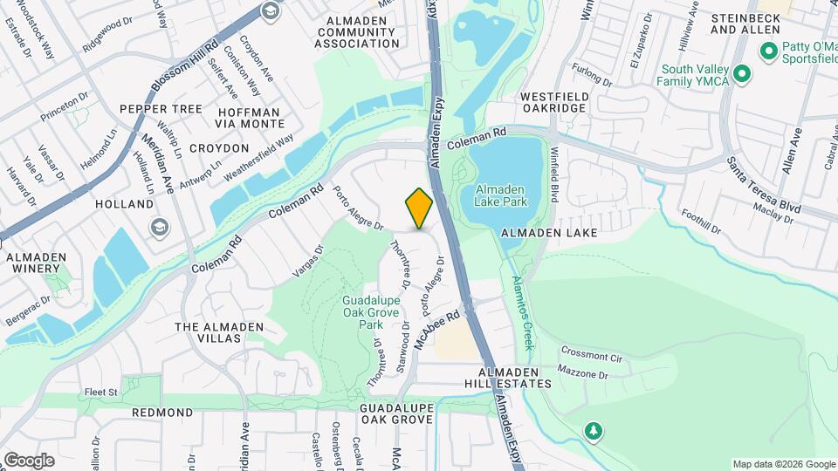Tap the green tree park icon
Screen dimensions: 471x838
[x=594, y=431]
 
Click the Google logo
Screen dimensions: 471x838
[x=29, y=460]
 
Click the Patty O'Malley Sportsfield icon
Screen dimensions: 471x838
[x=769, y=51]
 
